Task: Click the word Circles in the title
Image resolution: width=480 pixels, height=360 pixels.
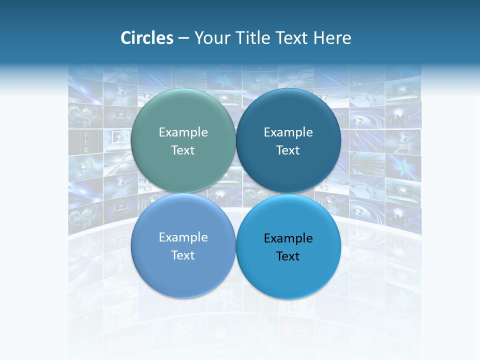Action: coord(147,38)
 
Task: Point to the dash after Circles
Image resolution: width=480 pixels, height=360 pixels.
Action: coord(183,38)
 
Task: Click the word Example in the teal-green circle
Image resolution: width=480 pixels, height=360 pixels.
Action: coord(183,132)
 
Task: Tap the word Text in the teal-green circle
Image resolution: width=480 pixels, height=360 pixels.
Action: coord(183,150)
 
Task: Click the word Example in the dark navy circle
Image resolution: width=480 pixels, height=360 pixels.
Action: coord(288,132)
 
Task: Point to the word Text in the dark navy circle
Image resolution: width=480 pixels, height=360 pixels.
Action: coord(288,150)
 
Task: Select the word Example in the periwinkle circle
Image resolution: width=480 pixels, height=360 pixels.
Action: coord(183,237)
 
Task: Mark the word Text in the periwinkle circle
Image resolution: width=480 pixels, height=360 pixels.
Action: coord(183,255)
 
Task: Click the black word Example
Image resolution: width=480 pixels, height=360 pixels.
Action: coord(288,238)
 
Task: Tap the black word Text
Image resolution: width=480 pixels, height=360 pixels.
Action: coord(288,256)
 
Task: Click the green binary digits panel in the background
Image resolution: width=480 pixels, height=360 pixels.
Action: coord(85,141)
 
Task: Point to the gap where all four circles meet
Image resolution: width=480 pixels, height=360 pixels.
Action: coord(236,193)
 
